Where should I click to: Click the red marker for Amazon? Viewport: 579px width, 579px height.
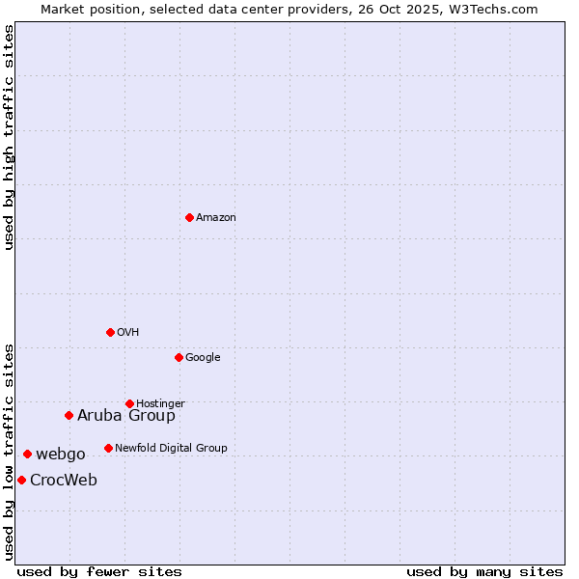pyautogui.click(x=189, y=217)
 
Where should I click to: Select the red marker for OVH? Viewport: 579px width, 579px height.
pyautogui.click(x=110, y=332)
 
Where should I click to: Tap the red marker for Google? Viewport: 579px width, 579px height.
pyautogui.click(x=179, y=357)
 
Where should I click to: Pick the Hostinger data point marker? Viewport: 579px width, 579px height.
pyautogui.click(x=129, y=403)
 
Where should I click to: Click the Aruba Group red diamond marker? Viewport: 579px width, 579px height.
pyautogui.click(x=69, y=415)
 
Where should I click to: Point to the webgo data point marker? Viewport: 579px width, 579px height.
pyautogui.click(x=27, y=454)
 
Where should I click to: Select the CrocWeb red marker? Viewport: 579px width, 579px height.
pyautogui.click(x=21, y=480)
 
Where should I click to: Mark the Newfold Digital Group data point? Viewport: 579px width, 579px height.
pyautogui.click(x=108, y=448)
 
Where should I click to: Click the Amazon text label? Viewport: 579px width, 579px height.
pyautogui.click(x=216, y=217)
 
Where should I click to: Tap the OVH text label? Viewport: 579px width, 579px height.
pyautogui.click(x=128, y=332)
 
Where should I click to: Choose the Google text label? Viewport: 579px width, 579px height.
pyautogui.click(x=203, y=357)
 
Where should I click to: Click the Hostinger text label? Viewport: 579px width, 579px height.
pyautogui.click(x=160, y=403)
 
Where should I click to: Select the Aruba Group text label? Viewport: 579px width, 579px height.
pyautogui.click(x=126, y=415)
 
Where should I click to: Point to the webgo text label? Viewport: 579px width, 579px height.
pyautogui.click(x=61, y=454)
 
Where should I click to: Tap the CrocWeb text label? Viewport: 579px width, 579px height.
pyautogui.click(x=64, y=480)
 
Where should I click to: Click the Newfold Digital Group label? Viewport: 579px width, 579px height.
pyautogui.click(x=171, y=448)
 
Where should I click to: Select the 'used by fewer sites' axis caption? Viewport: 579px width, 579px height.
pyautogui.click(x=99, y=571)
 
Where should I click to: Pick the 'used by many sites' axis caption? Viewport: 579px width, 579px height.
pyautogui.click(x=484, y=571)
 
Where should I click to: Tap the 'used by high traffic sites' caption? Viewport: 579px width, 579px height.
pyautogui.click(x=9, y=137)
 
